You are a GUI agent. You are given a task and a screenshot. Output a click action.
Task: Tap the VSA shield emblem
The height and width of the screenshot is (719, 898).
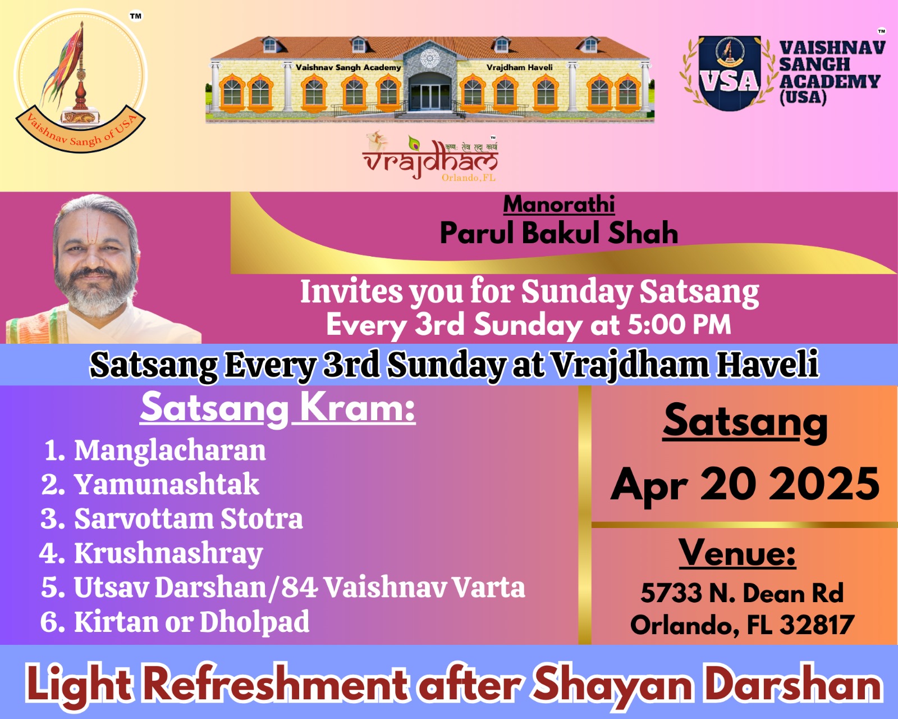(730, 72)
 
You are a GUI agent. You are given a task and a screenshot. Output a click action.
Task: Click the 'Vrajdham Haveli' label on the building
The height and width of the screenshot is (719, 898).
(520, 67)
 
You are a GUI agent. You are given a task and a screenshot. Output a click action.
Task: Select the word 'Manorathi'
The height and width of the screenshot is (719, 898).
(559, 204)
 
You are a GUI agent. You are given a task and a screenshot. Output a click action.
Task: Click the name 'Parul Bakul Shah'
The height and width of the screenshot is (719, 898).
(559, 233)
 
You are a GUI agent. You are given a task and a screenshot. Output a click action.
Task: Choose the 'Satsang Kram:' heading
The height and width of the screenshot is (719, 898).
(277, 408)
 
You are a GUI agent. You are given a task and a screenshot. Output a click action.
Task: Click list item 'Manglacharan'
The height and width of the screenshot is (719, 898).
(170, 450)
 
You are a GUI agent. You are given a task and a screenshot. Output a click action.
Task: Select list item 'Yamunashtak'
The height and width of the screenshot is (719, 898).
(167, 485)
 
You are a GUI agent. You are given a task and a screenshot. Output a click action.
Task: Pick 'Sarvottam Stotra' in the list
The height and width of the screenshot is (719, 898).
(188, 519)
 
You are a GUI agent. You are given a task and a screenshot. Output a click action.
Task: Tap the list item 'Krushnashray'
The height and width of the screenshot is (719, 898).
(168, 554)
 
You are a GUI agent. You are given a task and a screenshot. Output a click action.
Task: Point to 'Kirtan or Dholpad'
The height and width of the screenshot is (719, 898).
(191, 622)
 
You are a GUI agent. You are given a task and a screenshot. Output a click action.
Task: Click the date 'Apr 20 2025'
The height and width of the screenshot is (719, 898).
(745, 485)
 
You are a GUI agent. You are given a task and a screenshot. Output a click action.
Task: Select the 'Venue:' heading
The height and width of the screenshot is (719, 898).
(737, 553)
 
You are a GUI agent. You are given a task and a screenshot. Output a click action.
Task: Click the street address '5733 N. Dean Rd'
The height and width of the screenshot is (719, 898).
(742, 593)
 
